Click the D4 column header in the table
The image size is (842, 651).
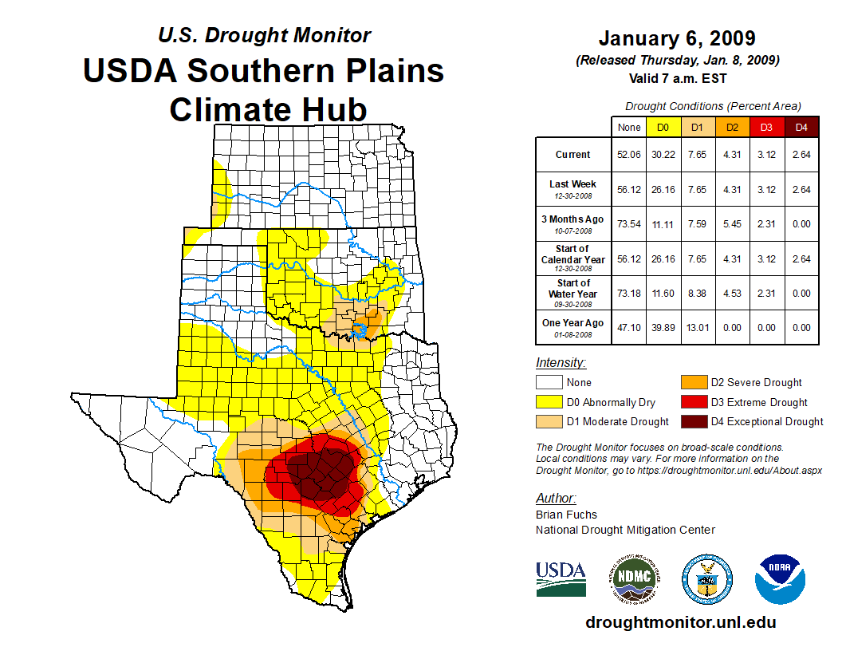[801, 127]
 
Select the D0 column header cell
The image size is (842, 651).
[663, 127]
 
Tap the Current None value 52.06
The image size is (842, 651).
[629, 155]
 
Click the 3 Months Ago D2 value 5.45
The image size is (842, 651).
[733, 224]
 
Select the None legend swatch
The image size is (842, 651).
[550, 383]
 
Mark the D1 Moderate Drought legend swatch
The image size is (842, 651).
[550, 421]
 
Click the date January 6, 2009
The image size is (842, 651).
[677, 38]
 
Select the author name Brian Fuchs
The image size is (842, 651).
[566, 515]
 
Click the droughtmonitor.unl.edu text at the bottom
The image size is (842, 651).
[680, 622]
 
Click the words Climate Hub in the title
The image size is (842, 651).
[268, 109]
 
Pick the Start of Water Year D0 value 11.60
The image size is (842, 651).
[663, 293]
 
